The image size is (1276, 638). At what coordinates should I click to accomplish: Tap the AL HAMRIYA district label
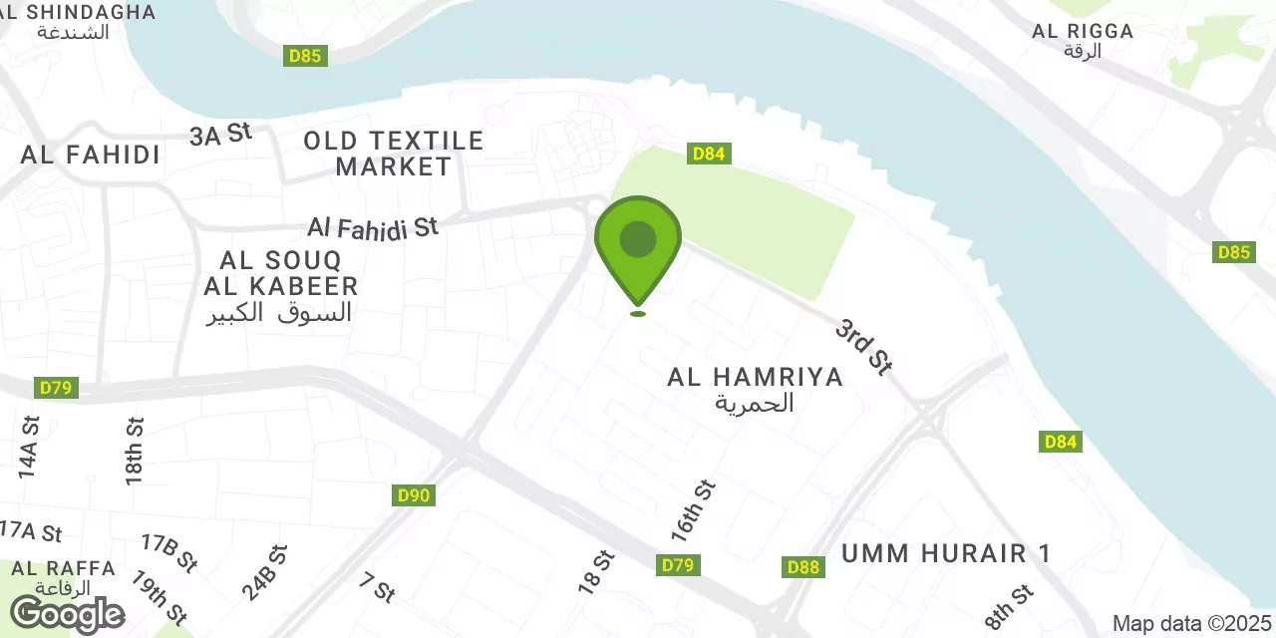756,377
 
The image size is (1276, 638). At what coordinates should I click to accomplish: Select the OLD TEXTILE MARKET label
394,154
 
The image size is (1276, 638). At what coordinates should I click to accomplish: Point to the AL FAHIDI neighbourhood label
91,155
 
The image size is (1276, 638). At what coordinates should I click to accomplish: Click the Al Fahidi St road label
373,227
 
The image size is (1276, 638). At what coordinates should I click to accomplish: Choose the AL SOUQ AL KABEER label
280,274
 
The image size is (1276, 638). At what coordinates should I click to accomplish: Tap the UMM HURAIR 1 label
946,554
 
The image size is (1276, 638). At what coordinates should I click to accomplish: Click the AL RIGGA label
1083,31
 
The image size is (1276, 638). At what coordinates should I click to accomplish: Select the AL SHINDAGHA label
78,13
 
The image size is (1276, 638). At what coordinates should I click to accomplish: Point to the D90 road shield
414,495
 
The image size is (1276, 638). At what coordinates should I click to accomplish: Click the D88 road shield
802,567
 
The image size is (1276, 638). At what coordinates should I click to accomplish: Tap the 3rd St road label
863,346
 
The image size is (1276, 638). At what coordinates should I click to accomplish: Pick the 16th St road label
694,511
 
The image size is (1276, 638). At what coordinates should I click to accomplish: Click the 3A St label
221,135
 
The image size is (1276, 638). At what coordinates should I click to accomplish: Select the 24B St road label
264,572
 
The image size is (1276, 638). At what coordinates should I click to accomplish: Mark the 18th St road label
136,451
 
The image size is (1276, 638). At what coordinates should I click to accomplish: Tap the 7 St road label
378,587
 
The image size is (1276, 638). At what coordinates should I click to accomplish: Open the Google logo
67,614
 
